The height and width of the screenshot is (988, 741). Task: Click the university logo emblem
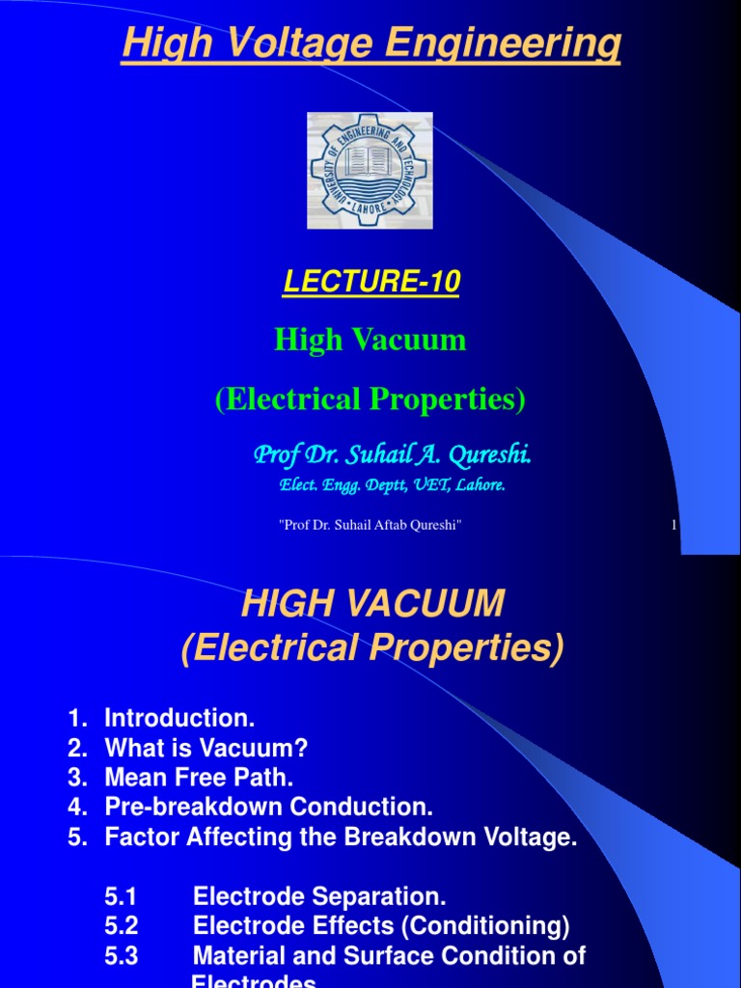370,171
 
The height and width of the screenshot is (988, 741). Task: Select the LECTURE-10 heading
370,282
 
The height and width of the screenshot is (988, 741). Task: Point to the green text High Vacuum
370,340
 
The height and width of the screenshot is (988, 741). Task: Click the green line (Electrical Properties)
370,399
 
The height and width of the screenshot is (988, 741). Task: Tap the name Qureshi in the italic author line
488,453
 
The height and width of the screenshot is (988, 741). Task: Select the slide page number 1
673,524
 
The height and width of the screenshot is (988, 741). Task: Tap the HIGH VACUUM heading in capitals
372,605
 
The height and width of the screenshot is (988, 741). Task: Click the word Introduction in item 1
179,718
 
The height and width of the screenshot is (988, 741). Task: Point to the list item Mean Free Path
198,778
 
